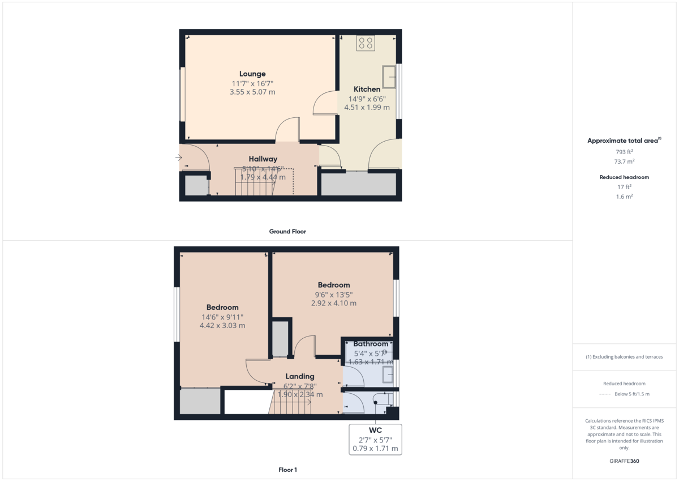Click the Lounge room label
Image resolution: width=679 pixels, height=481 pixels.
click(252, 74)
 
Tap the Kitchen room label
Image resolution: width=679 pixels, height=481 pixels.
click(367, 89)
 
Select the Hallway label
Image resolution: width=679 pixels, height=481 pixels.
click(263, 159)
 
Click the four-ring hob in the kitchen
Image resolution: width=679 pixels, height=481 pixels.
click(366, 43)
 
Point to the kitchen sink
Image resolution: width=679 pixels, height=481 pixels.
click(389, 77)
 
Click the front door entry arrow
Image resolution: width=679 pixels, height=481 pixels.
click(179, 158)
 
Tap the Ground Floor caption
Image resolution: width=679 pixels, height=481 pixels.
click(287, 232)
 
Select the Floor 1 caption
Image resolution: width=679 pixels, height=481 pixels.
click(287, 470)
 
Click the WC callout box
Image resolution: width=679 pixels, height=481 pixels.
click(376, 439)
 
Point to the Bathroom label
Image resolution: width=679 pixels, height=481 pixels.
click(371, 344)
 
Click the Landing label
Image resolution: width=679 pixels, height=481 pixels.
click(300, 376)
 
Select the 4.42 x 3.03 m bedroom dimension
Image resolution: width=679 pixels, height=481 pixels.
click(222, 326)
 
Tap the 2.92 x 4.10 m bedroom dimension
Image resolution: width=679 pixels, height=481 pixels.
click(334, 303)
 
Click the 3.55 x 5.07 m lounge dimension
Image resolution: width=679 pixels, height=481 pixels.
click(252, 92)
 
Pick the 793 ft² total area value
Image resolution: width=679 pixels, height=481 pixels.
click(624, 152)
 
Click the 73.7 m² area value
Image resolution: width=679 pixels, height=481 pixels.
click(624, 161)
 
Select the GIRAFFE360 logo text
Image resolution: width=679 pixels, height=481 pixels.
click(624, 461)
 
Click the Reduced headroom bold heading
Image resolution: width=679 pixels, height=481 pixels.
click(624, 177)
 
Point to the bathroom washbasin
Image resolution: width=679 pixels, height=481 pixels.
click(388, 374)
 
